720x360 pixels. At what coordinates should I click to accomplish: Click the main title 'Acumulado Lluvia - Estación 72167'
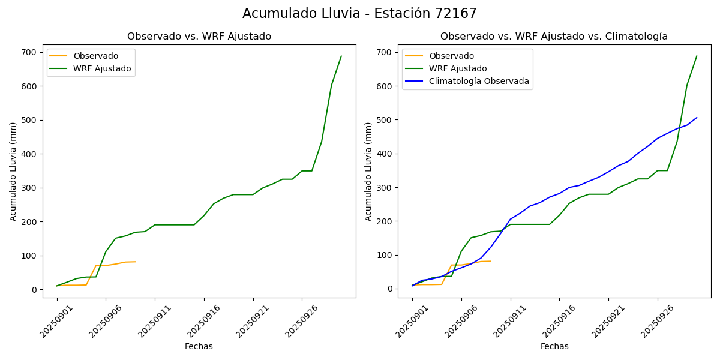(359, 14)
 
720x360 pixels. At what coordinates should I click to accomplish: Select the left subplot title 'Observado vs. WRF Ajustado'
(199, 37)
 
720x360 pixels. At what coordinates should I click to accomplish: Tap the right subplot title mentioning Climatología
(554, 37)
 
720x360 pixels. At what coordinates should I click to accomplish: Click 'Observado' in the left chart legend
(95, 56)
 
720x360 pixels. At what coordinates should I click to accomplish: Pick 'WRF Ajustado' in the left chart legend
(102, 68)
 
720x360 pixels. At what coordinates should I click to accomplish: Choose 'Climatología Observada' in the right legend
(479, 81)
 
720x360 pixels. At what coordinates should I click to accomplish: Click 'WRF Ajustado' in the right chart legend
(458, 68)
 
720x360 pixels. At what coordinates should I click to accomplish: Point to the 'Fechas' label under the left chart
(199, 347)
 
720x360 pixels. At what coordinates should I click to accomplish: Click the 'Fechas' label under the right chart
(554, 347)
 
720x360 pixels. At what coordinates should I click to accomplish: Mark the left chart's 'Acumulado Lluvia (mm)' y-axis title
(13, 171)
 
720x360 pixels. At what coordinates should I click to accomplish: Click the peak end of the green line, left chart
(341, 56)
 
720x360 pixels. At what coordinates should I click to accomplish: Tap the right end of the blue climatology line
(697, 118)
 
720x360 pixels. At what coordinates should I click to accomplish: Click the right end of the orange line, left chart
(135, 262)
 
